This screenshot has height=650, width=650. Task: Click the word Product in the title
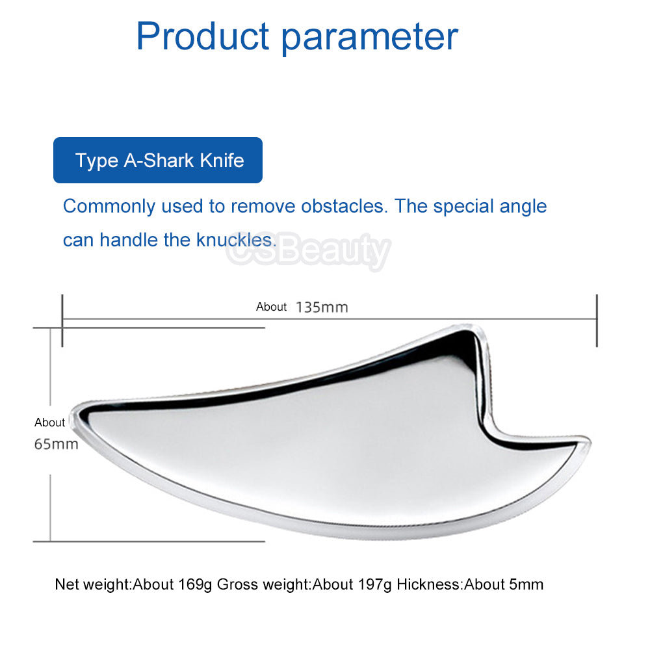pos(203,36)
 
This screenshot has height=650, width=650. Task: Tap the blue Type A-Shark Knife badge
pos(158,160)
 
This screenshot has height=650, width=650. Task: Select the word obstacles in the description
pos(344,206)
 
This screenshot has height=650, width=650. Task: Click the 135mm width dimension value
pos(322,307)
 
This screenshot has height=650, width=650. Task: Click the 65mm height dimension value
pos(57,444)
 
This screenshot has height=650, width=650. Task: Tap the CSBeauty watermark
pos(309,250)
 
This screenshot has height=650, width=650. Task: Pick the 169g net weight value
pos(195,584)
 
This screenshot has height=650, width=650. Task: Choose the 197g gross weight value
pos(375,584)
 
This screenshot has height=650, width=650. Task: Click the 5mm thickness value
pos(526,584)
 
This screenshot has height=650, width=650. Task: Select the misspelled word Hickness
pos(429,584)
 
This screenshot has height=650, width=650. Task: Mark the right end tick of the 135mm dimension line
pos(597,320)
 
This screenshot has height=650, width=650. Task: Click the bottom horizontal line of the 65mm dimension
pos(149,541)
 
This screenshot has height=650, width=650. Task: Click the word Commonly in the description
pos(109,207)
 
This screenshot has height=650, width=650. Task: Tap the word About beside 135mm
pos(271,307)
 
